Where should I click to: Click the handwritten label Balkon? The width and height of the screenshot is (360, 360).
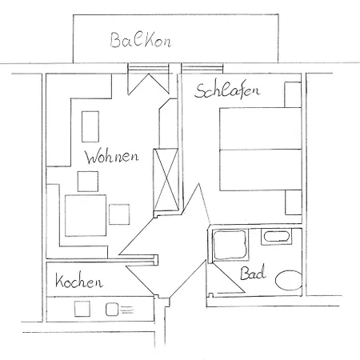(x=141, y=41)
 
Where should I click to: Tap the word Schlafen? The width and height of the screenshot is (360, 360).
(x=226, y=90)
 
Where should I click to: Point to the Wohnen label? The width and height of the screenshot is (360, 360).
(x=112, y=157)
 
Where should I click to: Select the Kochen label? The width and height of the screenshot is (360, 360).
(x=79, y=281)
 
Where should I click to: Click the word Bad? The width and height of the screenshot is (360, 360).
(x=253, y=272)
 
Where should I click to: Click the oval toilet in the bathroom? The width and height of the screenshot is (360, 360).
(x=289, y=280)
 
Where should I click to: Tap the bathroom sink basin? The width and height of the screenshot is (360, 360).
(x=276, y=237)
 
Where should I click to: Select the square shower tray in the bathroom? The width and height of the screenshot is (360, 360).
(x=230, y=245)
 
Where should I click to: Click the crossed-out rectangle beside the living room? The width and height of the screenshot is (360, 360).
(x=166, y=180)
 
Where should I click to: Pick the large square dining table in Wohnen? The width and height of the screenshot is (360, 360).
(x=86, y=215)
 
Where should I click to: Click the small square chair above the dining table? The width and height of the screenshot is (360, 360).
(x=88, y=182)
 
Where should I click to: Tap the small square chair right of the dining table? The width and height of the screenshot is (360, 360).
(x=119, y=214)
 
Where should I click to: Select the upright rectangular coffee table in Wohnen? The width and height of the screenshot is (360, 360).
(x=90, y=126)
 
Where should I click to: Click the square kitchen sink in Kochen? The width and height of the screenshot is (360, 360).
(x=82, y=309)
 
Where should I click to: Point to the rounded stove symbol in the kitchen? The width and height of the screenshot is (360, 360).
(x=112, y=310)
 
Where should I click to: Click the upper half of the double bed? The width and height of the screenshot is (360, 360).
(x=261, y=129)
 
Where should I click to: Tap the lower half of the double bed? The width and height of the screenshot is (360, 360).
(x=261, y=170)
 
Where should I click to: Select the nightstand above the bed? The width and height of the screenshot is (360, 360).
(x=293, y=94)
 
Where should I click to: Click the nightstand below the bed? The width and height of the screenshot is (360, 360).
(x=294, y=202)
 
